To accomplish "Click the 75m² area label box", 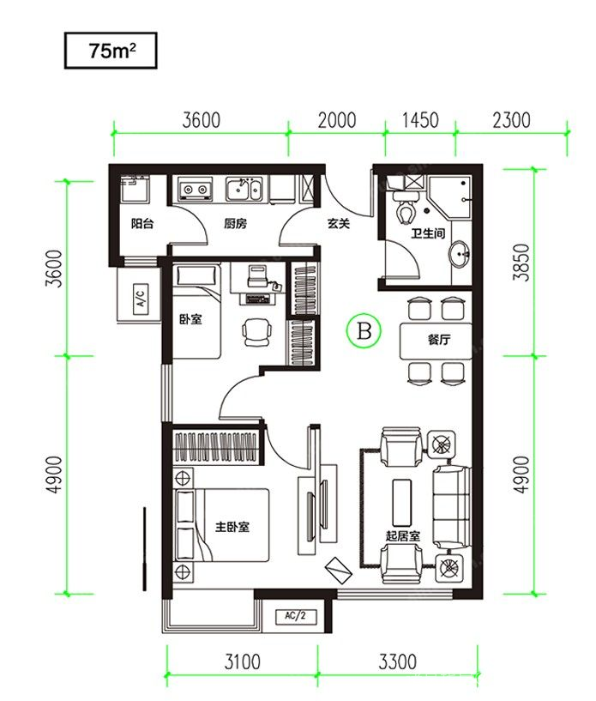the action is click(x=111, y=51).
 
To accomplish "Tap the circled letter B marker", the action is click(x=364, y=331).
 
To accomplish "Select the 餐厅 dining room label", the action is click(x=439, y=339).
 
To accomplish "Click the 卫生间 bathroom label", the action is click(x=428, y=233).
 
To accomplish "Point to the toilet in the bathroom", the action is click(x=406, y=207).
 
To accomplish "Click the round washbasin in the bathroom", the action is click(x=459, y=254).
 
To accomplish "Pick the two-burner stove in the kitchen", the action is click(x=195, y=189).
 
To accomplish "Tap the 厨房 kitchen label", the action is click(x=235, y=223).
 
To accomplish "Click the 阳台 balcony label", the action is click(x=142, y=223).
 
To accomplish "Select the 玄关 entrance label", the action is click(x=338, y=223).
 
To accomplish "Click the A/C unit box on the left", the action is click(x=141, y=296).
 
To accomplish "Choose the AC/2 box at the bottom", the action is click(x=295, y=616).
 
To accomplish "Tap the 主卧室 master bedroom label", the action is click(x=232, y=527).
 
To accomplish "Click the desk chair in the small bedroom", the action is click(x=257, y=332).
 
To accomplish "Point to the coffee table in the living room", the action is click(x=401, y=503).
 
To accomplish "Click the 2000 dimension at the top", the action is click(x=337, y=121).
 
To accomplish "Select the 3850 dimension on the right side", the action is click(x=521, y=263).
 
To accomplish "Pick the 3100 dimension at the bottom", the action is click(x=242, y=662).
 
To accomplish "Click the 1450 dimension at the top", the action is click(x=420, y=121).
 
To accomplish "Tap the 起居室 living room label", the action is click(x=403, y=535).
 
